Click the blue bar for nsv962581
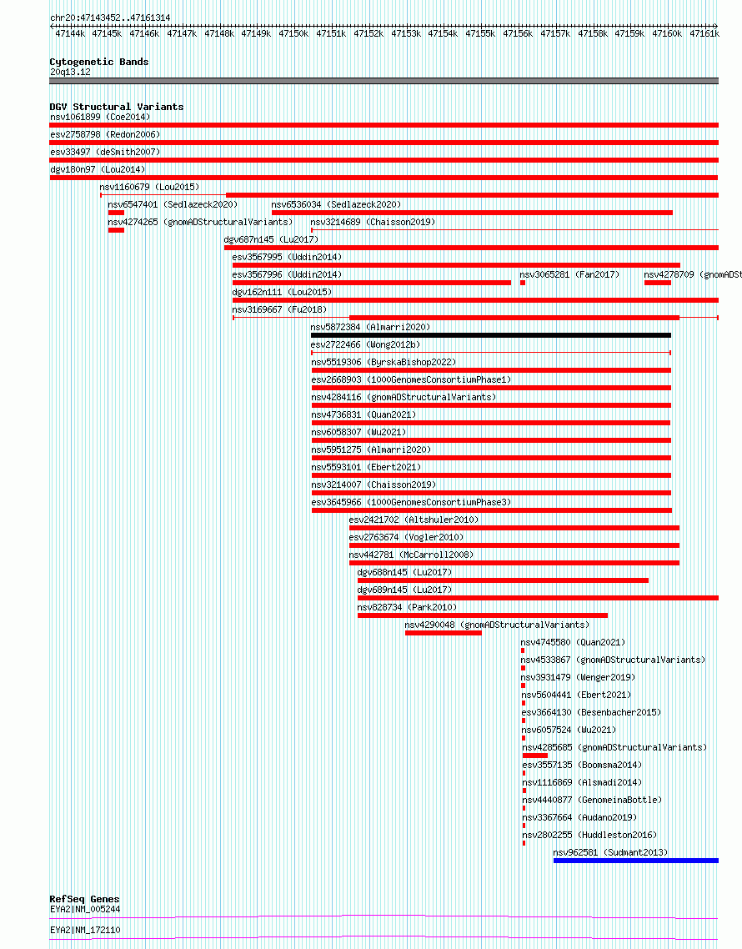pyautogui.click(x=635, y=861)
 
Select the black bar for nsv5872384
pyautogui.click(x=491, y=335)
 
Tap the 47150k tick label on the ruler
pyautogui.click(x=293, y=34)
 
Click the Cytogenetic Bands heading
pyautogui.click(x=99, y=62)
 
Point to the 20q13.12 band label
pyautogui.click(x=70, y=72)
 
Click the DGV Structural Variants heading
pyautogui.click(x=116, y=107)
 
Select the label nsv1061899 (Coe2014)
pyautogui.click(x=100, y=117)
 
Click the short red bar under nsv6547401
pyautogui.click(x=116, y=213)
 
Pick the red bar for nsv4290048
pyautogui.click(x=444, y=633)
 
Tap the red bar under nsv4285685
pyautogui.click(x=535, y=756)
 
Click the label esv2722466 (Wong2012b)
pyautogui.click(x=365, y=344)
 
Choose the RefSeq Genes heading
pyautogui.click(x=84, y=899)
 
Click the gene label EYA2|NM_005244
pyautogui.click(x=85, y=909)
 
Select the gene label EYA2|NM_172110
pyautogui.click(x=85, y=930)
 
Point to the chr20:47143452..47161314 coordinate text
pyautogui.click(x=110, y=18)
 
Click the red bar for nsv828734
pyautogui.click(x=483, y=615)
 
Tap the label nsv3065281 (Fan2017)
pyautogui.click(x=569, y=274)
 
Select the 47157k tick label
pyautogui.click(x=555, y=34)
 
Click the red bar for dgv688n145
pyautogui.click(x=503, y=580)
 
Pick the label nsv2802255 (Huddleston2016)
pyautogui.click(x=589, y=835)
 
